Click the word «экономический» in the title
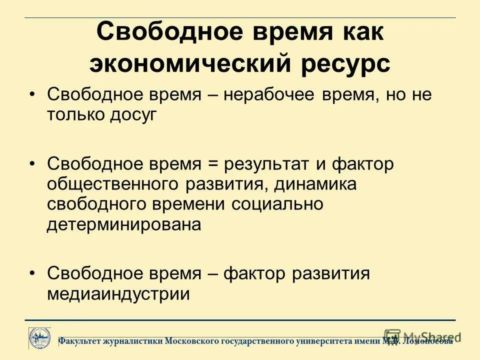pos(193,64)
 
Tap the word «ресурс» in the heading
pos(347,64)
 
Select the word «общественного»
pos(113,184)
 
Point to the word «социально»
pos(277,204)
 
